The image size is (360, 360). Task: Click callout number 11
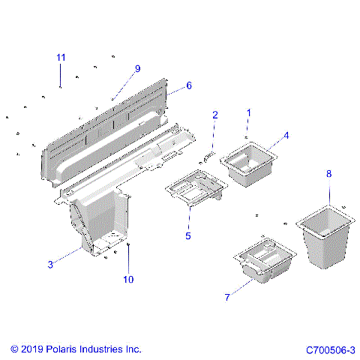point(61,58)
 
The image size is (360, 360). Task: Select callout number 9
point(137,69)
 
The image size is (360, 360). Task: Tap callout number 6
point(188,85)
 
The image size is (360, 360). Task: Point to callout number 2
point(215,115)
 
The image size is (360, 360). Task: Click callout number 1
point(249,112)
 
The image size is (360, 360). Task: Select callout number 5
point(188,235)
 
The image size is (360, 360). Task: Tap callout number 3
point(50,264)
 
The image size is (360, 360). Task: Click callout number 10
point(128,280)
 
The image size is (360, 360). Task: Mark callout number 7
point(226,297)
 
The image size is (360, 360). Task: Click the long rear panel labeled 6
point(105,124)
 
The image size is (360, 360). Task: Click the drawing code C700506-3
point(330,349)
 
